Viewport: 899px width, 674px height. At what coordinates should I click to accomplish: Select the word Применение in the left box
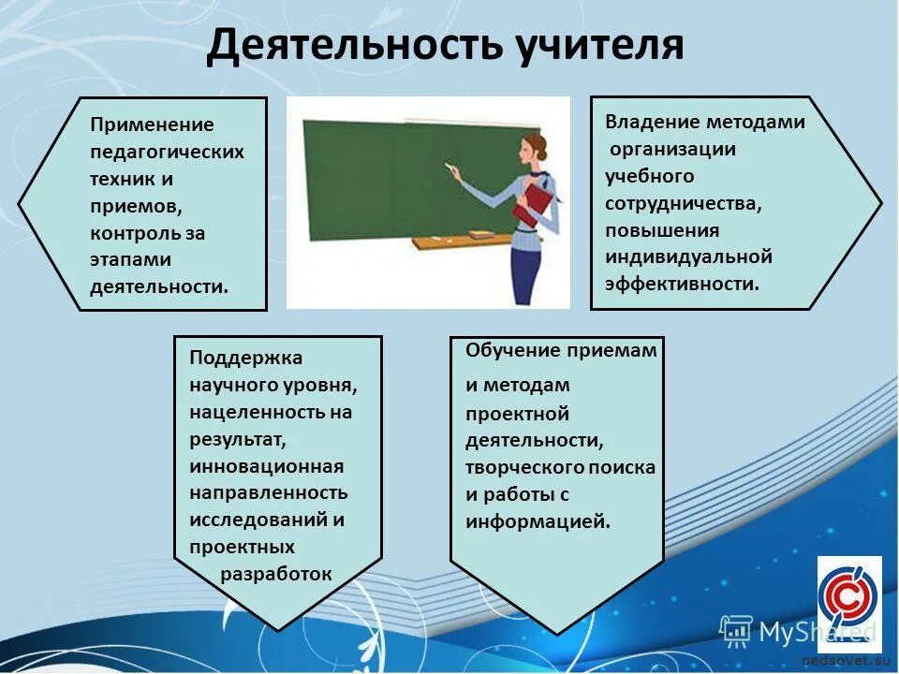tap(152, 125)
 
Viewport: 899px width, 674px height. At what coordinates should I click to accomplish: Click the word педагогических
tap(167, 153)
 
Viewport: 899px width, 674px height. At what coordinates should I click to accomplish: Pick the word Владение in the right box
tap(653, 122)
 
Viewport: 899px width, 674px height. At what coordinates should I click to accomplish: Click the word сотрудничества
tap(683, 204)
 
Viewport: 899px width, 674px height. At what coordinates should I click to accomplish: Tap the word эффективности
tap(682, 285)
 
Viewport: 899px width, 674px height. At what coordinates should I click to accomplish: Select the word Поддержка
tap(245, 359)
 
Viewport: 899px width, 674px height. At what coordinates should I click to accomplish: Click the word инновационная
tap(267, 466)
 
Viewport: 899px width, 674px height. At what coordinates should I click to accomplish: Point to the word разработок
tap(276, 574)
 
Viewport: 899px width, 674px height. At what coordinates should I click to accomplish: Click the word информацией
tap(538, 522)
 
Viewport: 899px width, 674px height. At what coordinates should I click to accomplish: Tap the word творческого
tap(518, 468)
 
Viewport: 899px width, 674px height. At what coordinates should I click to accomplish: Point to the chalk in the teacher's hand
tap(449, 167)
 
